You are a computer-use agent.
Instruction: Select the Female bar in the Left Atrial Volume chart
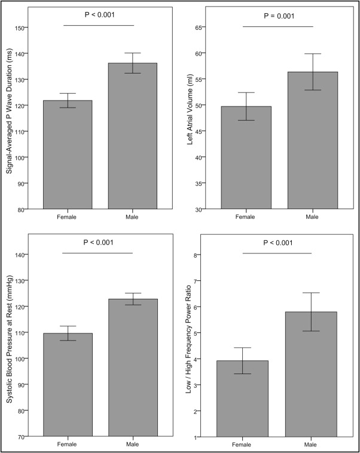point(246,158)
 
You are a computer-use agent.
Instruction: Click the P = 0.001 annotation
point(277,16)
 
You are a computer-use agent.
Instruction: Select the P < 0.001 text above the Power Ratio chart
point(277,242)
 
